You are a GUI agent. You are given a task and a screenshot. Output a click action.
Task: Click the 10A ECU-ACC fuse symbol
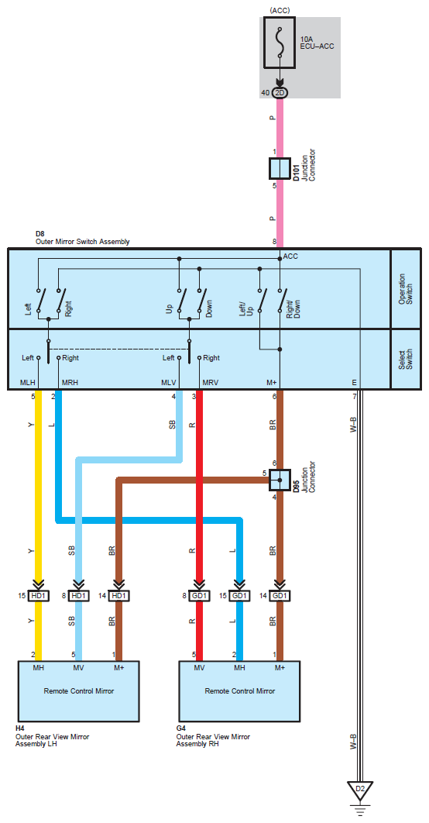click(280, 43)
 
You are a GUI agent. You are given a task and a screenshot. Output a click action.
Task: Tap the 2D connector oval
click(280, 93)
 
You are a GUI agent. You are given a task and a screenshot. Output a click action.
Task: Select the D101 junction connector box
click(280, 168)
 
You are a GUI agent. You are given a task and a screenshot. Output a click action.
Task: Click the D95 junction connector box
click(280, 480)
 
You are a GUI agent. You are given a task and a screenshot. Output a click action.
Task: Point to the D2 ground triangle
click(359, 790)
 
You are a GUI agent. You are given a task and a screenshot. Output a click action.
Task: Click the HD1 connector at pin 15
click(38, 596)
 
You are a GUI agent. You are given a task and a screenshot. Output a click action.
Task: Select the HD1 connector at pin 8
click(79, 596)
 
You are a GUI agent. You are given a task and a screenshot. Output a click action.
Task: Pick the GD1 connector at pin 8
click(199, 596)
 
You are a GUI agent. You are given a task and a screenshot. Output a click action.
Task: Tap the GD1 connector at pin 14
click(280, 596)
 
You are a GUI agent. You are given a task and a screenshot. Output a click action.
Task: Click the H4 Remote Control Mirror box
click(79, 690)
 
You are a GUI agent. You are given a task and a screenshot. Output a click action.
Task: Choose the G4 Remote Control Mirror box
click(240, 690)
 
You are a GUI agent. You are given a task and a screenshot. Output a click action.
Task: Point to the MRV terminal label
click(211, 382)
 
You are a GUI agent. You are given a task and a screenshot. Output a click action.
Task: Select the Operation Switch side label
click(406, 289)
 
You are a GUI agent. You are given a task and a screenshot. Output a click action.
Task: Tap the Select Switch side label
click(406, 360)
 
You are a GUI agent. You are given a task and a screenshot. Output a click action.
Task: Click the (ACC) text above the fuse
click(280, 9)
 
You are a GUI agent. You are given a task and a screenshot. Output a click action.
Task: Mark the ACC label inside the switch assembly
click(290, 257)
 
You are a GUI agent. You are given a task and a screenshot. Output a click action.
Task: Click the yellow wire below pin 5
click(38, 491)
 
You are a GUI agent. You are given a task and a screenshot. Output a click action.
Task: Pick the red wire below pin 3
click(199, 491)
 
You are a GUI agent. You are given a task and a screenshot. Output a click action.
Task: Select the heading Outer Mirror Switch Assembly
click(82, 242)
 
